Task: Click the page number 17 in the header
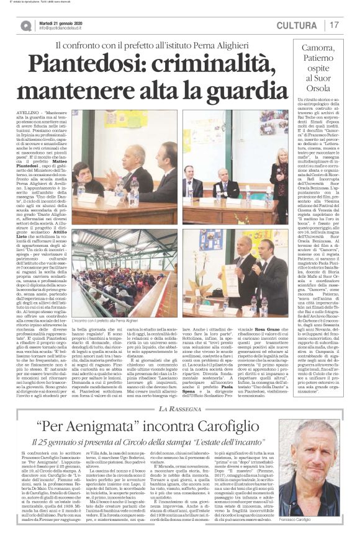(x=335, y=25)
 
